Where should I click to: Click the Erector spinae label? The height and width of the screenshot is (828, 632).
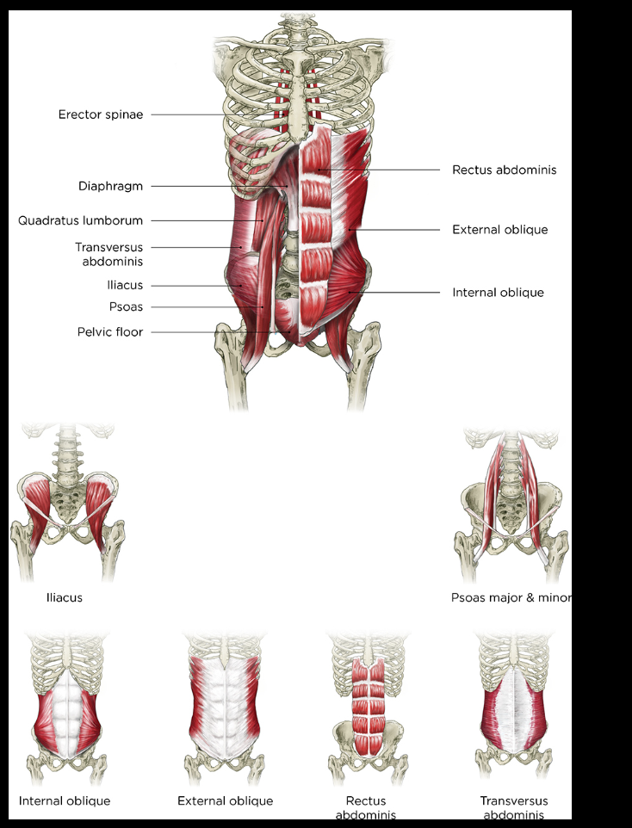coord(101,114)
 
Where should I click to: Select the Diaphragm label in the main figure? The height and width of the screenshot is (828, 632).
coord(111,186)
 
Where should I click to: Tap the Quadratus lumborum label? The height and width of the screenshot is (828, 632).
coord(81,220)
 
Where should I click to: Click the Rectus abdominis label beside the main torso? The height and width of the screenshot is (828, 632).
coord(504,170)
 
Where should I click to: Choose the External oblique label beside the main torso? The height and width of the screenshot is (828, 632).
coord(499,230)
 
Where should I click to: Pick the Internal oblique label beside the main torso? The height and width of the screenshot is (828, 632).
coord(498,293)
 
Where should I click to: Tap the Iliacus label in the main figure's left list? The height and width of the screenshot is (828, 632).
coord(125,285)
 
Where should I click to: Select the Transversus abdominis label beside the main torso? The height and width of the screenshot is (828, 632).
coord(108,254)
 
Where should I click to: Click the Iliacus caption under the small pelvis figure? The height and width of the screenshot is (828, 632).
coord(65,596)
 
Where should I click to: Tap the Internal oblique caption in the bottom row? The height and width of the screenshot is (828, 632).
coord(65,801)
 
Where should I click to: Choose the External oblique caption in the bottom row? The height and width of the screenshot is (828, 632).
coord(225,801)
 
